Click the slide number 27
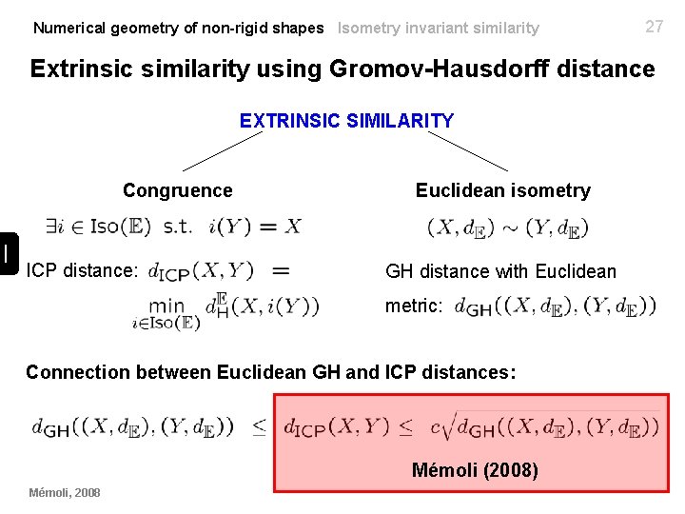coord(655,27)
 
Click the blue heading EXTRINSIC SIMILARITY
coord(346,121)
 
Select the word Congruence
coord(178,190)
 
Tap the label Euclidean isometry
coord(502,190)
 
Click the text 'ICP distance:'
coord(83,270)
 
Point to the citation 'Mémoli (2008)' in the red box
coord(475,470)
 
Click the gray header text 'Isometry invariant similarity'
coord(438,29)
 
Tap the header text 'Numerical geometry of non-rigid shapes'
coord(178,29)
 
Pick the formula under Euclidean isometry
coord(508,228)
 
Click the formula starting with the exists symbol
coord(173,227)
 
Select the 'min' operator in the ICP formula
coord(166,306)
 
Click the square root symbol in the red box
coord(445,427)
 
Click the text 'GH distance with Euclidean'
coord(500,272)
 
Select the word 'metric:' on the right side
coord(414,306)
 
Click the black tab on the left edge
coord(7,252)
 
